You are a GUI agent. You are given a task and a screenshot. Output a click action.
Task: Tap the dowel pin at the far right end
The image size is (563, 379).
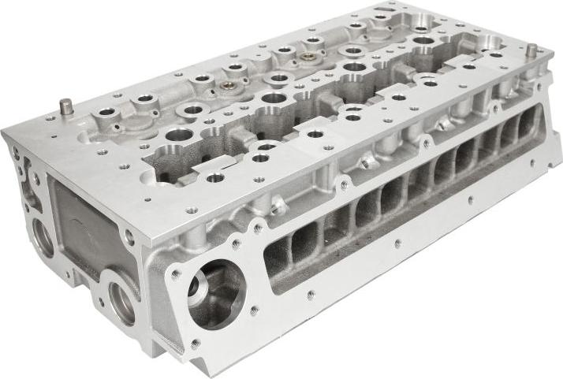click(531, 50)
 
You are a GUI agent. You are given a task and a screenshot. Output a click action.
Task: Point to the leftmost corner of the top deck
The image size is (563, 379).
click(4, 133)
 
